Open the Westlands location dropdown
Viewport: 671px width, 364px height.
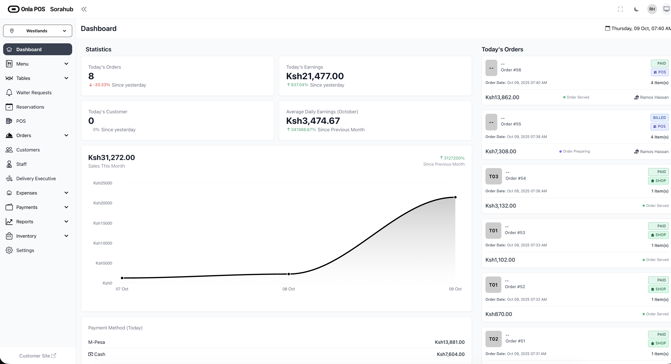point(37,31)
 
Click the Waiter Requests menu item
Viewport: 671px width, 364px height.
point(34,92)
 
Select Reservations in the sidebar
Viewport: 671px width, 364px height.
point(30,107)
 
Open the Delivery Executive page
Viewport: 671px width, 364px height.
point(36,179)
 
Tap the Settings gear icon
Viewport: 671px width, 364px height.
point(9,250)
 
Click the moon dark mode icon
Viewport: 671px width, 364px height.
point(636,9)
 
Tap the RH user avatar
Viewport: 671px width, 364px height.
point(652,9)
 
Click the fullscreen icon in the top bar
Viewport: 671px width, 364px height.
point(621,9)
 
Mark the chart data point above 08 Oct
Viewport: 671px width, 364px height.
point(289,274)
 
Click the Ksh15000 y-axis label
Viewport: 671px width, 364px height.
point(103,223)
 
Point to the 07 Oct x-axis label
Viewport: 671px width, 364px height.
point(122,289)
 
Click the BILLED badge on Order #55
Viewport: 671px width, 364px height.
point(659,118)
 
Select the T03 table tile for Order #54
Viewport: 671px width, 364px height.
point(493,177)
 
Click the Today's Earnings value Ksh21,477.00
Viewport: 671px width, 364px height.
point(315,76)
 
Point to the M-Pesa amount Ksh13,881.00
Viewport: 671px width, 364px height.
point(450,342)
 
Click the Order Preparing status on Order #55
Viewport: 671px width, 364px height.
point(576,151)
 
